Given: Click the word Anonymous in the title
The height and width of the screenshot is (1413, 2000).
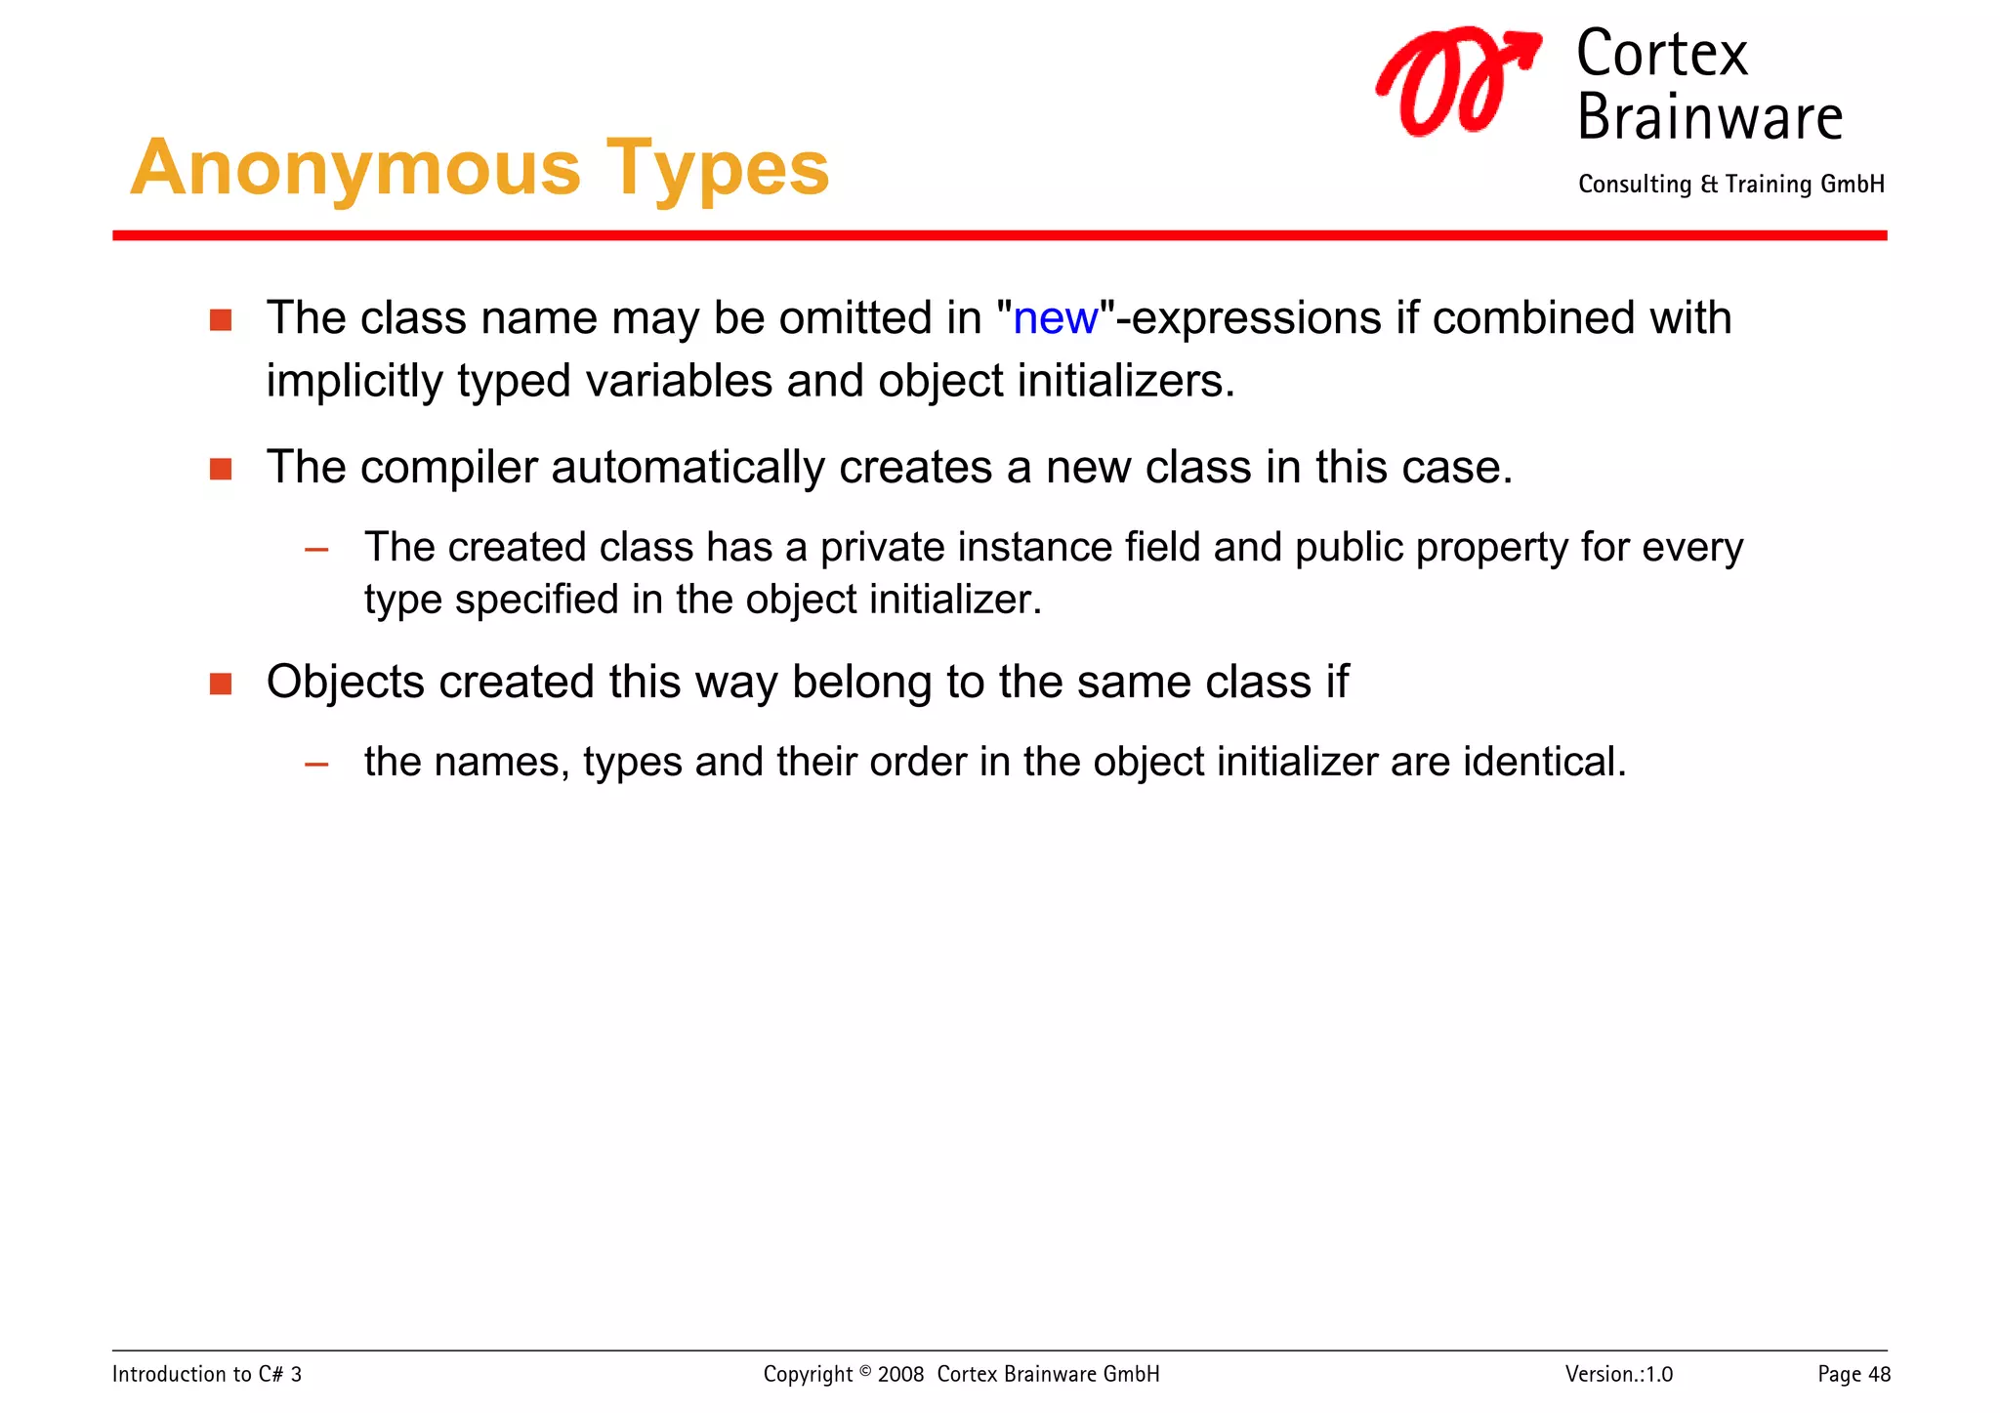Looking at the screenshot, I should pyautogui.click(x=355, y=168).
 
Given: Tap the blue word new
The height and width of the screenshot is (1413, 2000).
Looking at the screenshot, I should pyautogui.click(x=1055, y=319).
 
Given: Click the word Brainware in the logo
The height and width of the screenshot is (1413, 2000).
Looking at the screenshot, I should pyautogui.click(x=1709, y=118).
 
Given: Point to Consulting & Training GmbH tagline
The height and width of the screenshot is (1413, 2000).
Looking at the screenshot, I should pyautogui.click(x=1730, y=185).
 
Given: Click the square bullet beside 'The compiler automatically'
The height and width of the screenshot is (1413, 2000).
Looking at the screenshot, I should pyautogui.click(x=221, y=470).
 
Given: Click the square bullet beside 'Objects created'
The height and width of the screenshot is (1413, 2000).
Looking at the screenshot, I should pyautogui.click(x=221, y=684).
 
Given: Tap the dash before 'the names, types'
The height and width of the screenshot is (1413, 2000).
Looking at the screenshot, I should pyautogui.click(x=316, y=765).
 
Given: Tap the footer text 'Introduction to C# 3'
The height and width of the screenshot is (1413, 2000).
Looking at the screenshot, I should pyautogui.click(x=207, y=1374).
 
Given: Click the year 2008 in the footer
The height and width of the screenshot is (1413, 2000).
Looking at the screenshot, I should pyautogui.click(x=899, y=1375).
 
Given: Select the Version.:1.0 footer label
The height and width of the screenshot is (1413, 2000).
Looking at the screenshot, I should pyautogui.click(x=1618, y=1374).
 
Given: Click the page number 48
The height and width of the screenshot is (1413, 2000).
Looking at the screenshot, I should pyautogui.click(x=1879, y=1375).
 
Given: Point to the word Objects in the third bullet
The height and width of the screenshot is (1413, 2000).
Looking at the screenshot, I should pyautogui.click(x=345, y=683).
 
